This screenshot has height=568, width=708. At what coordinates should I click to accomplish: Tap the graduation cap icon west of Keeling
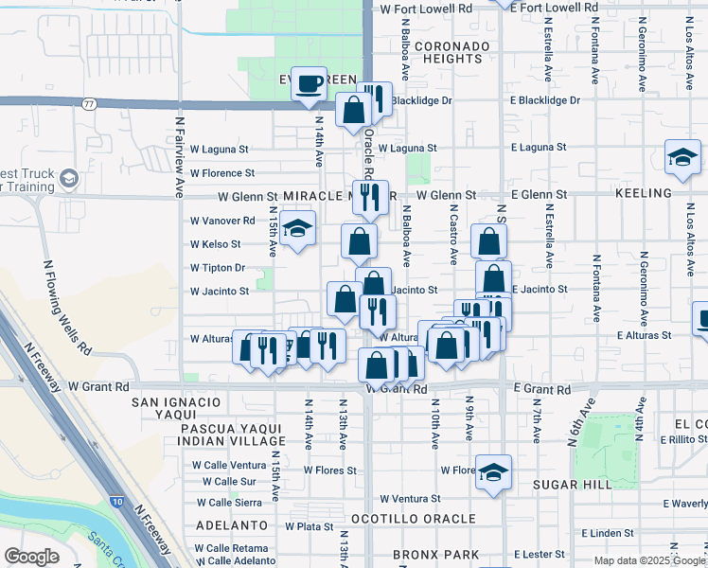click(x=681, y=159)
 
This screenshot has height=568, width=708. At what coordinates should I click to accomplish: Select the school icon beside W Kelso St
click(x=297, y=230)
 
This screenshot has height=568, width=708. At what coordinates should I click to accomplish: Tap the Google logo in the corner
click(x=31, y=557)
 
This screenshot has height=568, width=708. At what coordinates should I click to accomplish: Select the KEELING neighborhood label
click(x=643, y=192)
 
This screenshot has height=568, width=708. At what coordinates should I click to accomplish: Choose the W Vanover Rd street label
click(x=222, y=221)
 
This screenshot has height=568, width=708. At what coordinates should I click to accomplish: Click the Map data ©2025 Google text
click(x=648, y=560)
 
